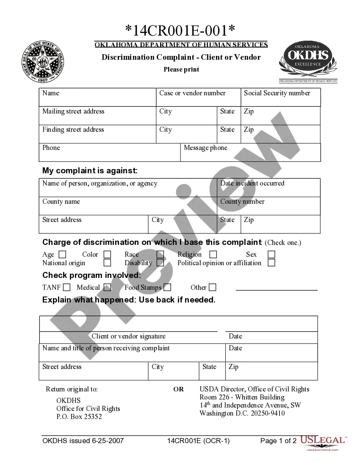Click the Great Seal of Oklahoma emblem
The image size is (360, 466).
pos(44,62)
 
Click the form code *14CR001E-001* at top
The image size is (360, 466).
pos(180,31)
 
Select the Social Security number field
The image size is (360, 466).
pos(280,97)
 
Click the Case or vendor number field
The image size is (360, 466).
pos(198,97)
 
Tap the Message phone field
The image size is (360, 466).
pos(250,153)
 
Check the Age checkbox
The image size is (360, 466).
pos(62,255)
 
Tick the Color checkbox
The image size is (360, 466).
pos(108,255)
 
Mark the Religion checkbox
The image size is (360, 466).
pos(213,255)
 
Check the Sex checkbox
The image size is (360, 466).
pos(271,255)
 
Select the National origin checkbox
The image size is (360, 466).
pos(108,263)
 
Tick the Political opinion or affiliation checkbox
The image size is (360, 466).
pos(271,263)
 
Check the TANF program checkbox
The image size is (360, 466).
pos(66,288)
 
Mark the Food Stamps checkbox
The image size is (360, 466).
pos(167,288)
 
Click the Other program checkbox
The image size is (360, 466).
pos(212,288)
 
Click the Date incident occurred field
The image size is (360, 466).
pos(268,188)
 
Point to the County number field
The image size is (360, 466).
pos(268,206)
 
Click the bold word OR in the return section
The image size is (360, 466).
pos(179,389)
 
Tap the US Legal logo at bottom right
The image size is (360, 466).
pos(323,442)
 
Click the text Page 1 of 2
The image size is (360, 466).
pos(278,441)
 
